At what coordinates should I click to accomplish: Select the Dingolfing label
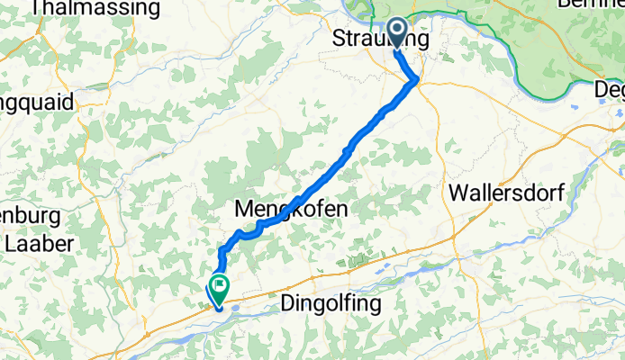331,303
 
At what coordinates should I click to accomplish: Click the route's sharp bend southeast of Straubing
416,82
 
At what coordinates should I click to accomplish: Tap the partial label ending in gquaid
36,102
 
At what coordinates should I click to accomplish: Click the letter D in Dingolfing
289,303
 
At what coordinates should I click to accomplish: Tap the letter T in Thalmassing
35,9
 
